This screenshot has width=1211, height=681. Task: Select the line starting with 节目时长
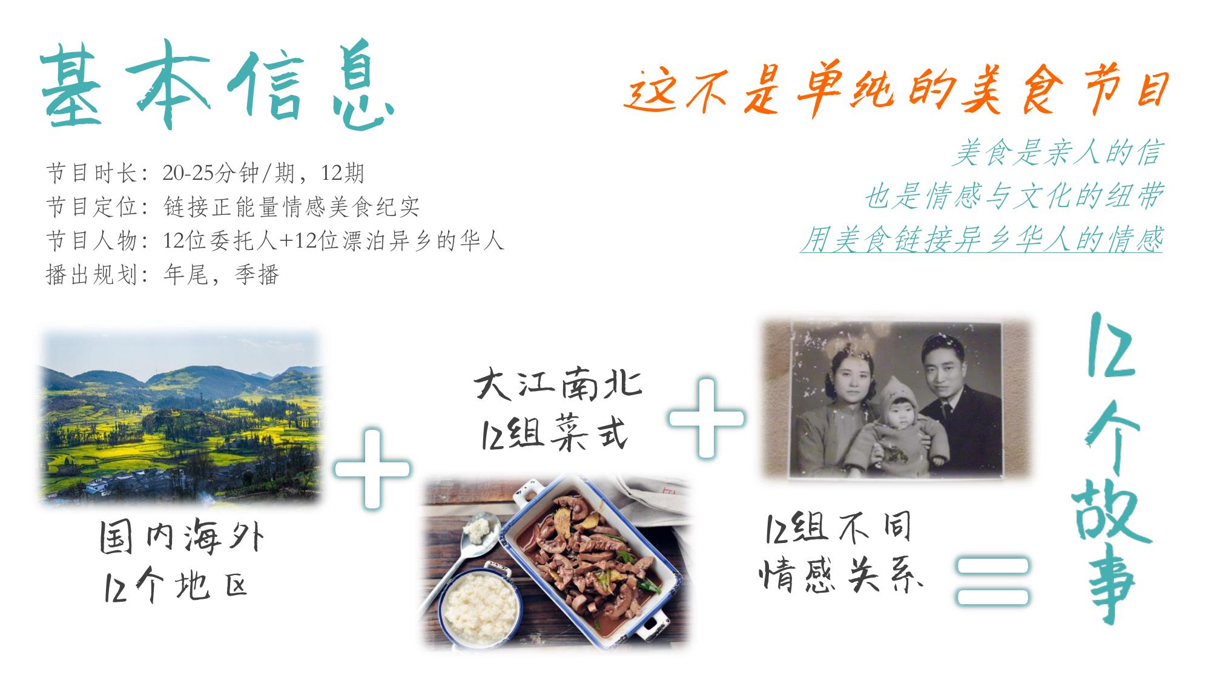pos(205,174)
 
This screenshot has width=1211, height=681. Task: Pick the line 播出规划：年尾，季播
pos(162,275)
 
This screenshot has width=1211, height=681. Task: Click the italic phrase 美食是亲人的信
pos(1057,153)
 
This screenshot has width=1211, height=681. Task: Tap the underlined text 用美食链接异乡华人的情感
pos(982,240)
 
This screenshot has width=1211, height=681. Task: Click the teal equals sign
pos(992,581)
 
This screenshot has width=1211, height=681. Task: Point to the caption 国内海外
pos(182,538)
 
